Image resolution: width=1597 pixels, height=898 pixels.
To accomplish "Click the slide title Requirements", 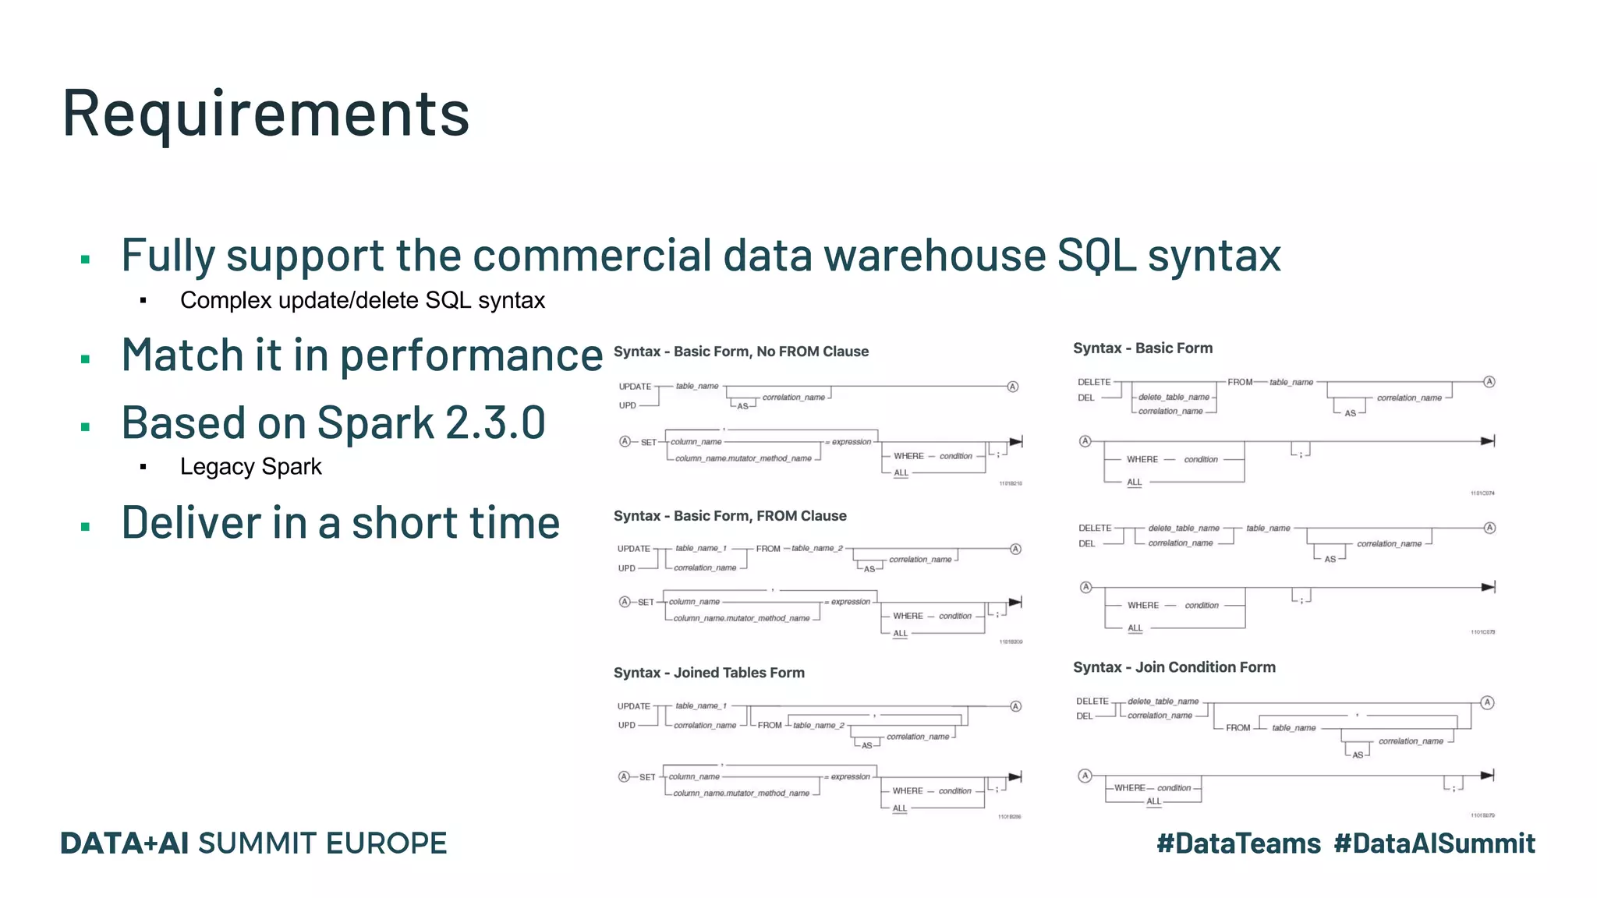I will (266, 114).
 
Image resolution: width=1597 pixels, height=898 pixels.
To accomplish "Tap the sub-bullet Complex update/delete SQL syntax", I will (362, 300).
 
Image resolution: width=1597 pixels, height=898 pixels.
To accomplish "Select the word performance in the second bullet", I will (471, 355).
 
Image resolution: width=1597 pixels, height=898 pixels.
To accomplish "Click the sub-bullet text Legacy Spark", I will (250, 466).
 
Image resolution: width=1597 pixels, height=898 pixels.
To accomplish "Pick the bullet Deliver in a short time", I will (341, 522).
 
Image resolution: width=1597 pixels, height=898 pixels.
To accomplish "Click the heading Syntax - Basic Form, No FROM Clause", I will (741, 352).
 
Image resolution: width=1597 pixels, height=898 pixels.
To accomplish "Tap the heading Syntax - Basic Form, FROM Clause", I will (730, 516).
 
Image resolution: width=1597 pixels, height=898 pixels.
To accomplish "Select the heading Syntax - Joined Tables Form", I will (709, 673).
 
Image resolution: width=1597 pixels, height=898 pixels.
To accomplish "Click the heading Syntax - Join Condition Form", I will (1174, 667).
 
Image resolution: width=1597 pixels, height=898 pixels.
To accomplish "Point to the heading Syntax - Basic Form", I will (1142, 348).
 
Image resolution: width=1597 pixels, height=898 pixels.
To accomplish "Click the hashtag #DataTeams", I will (1238, 843).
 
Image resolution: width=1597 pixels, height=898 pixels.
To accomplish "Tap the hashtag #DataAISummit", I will (1434, 843).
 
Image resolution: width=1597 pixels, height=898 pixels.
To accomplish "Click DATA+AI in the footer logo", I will (125, 843).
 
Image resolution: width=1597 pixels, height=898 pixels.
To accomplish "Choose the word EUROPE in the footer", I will (386, 843).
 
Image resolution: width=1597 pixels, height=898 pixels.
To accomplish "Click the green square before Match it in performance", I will (85, 359).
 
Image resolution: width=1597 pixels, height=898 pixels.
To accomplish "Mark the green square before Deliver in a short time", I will (85, 527).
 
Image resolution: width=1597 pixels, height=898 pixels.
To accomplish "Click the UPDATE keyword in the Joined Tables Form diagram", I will (633, 706).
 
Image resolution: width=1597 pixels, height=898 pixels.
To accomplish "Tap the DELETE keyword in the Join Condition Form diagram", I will (1092, 702).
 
